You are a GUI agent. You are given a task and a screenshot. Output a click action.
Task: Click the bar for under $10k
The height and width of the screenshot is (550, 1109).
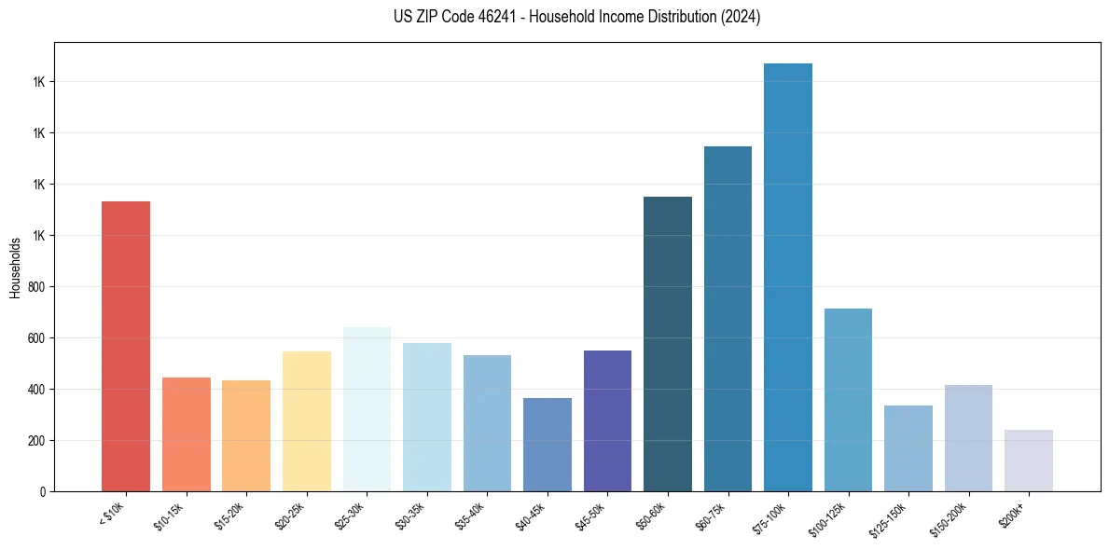[126, 346]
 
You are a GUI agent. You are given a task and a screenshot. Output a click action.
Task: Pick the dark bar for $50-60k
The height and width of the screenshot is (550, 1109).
[668, 344]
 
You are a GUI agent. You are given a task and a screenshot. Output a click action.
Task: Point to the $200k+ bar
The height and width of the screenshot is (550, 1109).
[1028, 461]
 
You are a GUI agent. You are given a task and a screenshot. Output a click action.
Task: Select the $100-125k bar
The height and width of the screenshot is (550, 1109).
[848, 400]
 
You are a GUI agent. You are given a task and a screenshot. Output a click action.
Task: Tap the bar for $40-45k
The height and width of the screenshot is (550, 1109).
[548, 445]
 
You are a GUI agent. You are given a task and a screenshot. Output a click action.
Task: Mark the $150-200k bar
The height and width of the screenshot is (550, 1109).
[968, 438]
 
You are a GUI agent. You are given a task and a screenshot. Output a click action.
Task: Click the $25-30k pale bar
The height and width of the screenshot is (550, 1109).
[367, 409]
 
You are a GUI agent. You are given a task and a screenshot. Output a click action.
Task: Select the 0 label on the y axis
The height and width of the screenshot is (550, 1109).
[43, 492]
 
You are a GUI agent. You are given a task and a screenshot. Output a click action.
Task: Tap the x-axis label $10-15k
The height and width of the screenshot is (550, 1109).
[169, 515]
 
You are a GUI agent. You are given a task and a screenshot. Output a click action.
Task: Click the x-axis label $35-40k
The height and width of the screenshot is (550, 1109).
[469, 515]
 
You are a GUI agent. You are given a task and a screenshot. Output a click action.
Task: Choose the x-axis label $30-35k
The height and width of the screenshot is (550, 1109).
[409, 515]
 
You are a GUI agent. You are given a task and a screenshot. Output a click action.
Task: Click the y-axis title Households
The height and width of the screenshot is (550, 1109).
[15, 268]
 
